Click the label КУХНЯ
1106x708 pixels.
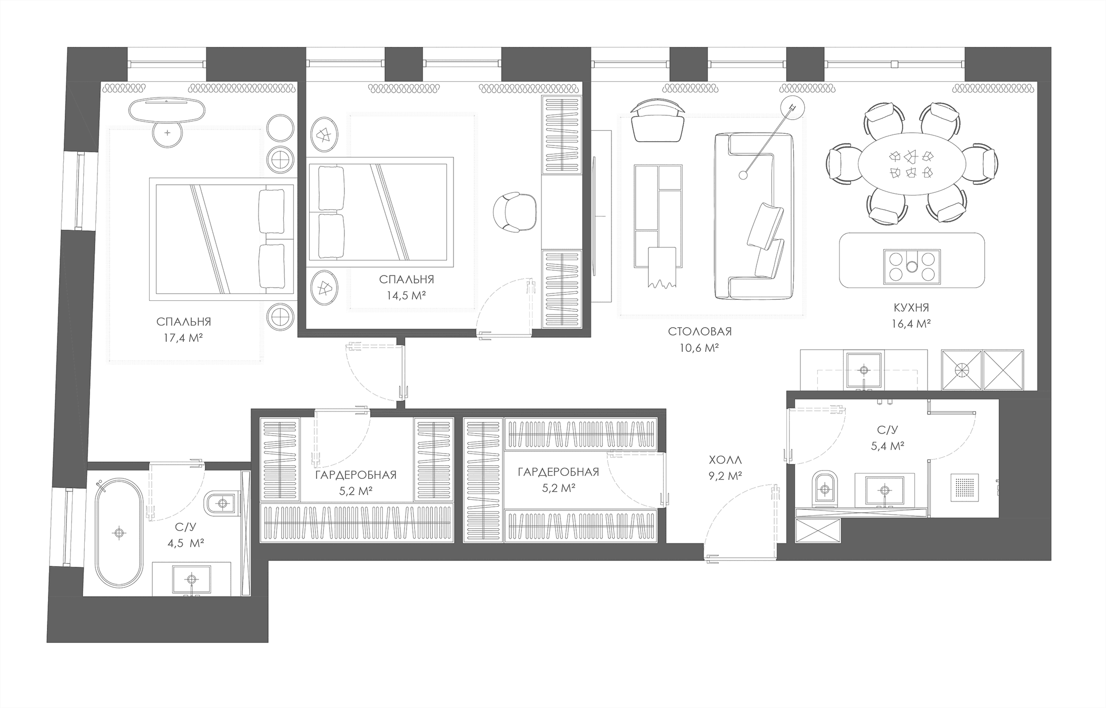pos(911,308)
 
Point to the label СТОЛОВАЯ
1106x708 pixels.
pos(700,331)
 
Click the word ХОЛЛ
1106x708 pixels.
pos(725,460)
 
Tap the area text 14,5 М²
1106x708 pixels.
pos(406,296)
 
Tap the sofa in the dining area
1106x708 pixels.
pos(754,216)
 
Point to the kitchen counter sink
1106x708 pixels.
pos(864,370)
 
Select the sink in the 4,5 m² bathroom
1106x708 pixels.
pos(191,579)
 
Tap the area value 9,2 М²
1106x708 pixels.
pos(725,476)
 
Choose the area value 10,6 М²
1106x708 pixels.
pos(700,348)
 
